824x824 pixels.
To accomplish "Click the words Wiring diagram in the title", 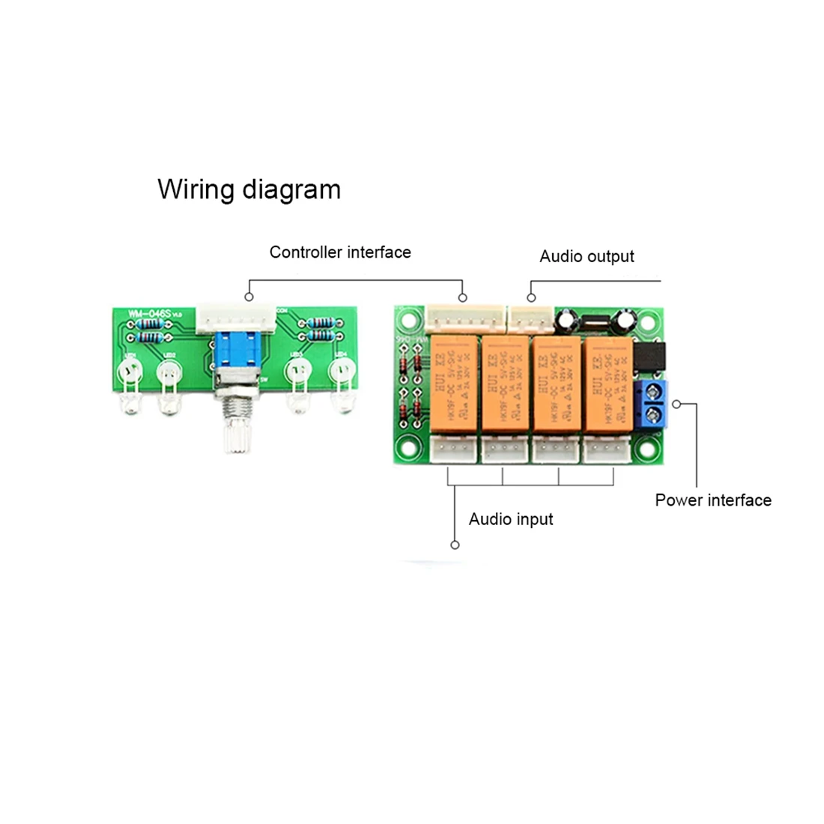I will point(249,189).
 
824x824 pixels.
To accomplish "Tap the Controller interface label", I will point(340,252).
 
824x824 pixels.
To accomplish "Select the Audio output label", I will point(587,257).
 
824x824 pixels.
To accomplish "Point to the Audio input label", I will point(511,519).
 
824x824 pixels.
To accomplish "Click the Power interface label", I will point(713,500).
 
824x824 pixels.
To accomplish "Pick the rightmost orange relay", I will point(606,384).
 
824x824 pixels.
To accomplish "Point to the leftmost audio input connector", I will point(453,449).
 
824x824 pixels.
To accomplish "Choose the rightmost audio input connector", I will point(607,449).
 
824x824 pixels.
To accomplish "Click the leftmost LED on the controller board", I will point(130,372).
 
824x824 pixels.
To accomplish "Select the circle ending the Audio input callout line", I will point(455,545).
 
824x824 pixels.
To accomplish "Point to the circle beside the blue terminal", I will point(676,405).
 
